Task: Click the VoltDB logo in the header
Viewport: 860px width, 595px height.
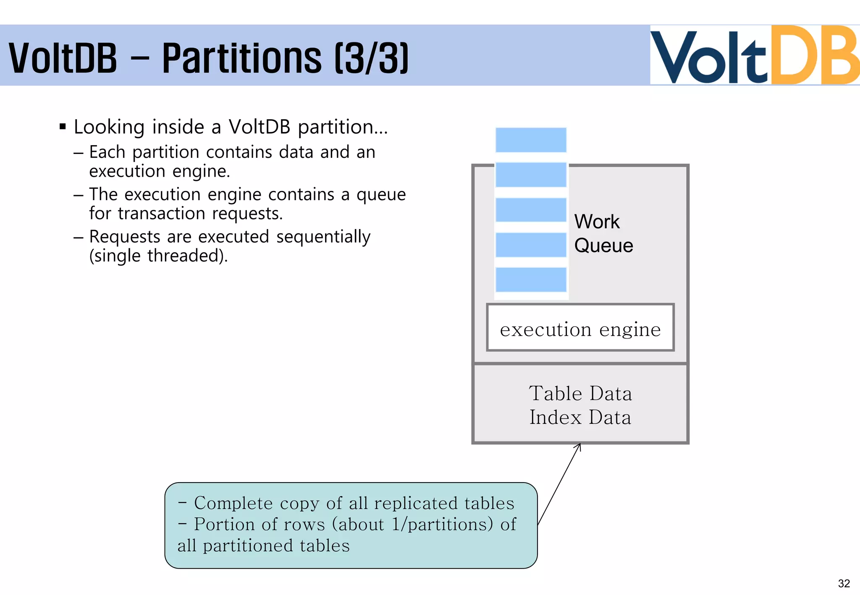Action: coord(754,55)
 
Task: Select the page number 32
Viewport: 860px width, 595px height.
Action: coord(844,583)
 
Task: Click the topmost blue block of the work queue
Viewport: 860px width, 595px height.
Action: coord(531,140)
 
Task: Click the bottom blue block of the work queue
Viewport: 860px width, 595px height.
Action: coord(531,279)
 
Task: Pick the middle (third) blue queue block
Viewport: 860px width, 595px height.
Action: coord(531,210)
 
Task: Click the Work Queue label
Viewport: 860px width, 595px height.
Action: coord(603,233)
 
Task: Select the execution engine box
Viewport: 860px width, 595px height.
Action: coord(580,328)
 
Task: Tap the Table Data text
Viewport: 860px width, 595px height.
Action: coord(580,394)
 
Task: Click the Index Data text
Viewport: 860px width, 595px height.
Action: coord(580,418)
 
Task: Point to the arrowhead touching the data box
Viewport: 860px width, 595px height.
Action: coord(579,446)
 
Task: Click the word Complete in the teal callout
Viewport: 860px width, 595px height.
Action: coord(233,503)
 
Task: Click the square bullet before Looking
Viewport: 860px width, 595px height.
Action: coord(63,126)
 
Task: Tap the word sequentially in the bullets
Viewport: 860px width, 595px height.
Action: coord(323,237)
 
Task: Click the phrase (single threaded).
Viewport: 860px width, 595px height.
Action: coord(158,256)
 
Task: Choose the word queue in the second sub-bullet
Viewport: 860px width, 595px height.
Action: coord(381,195)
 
